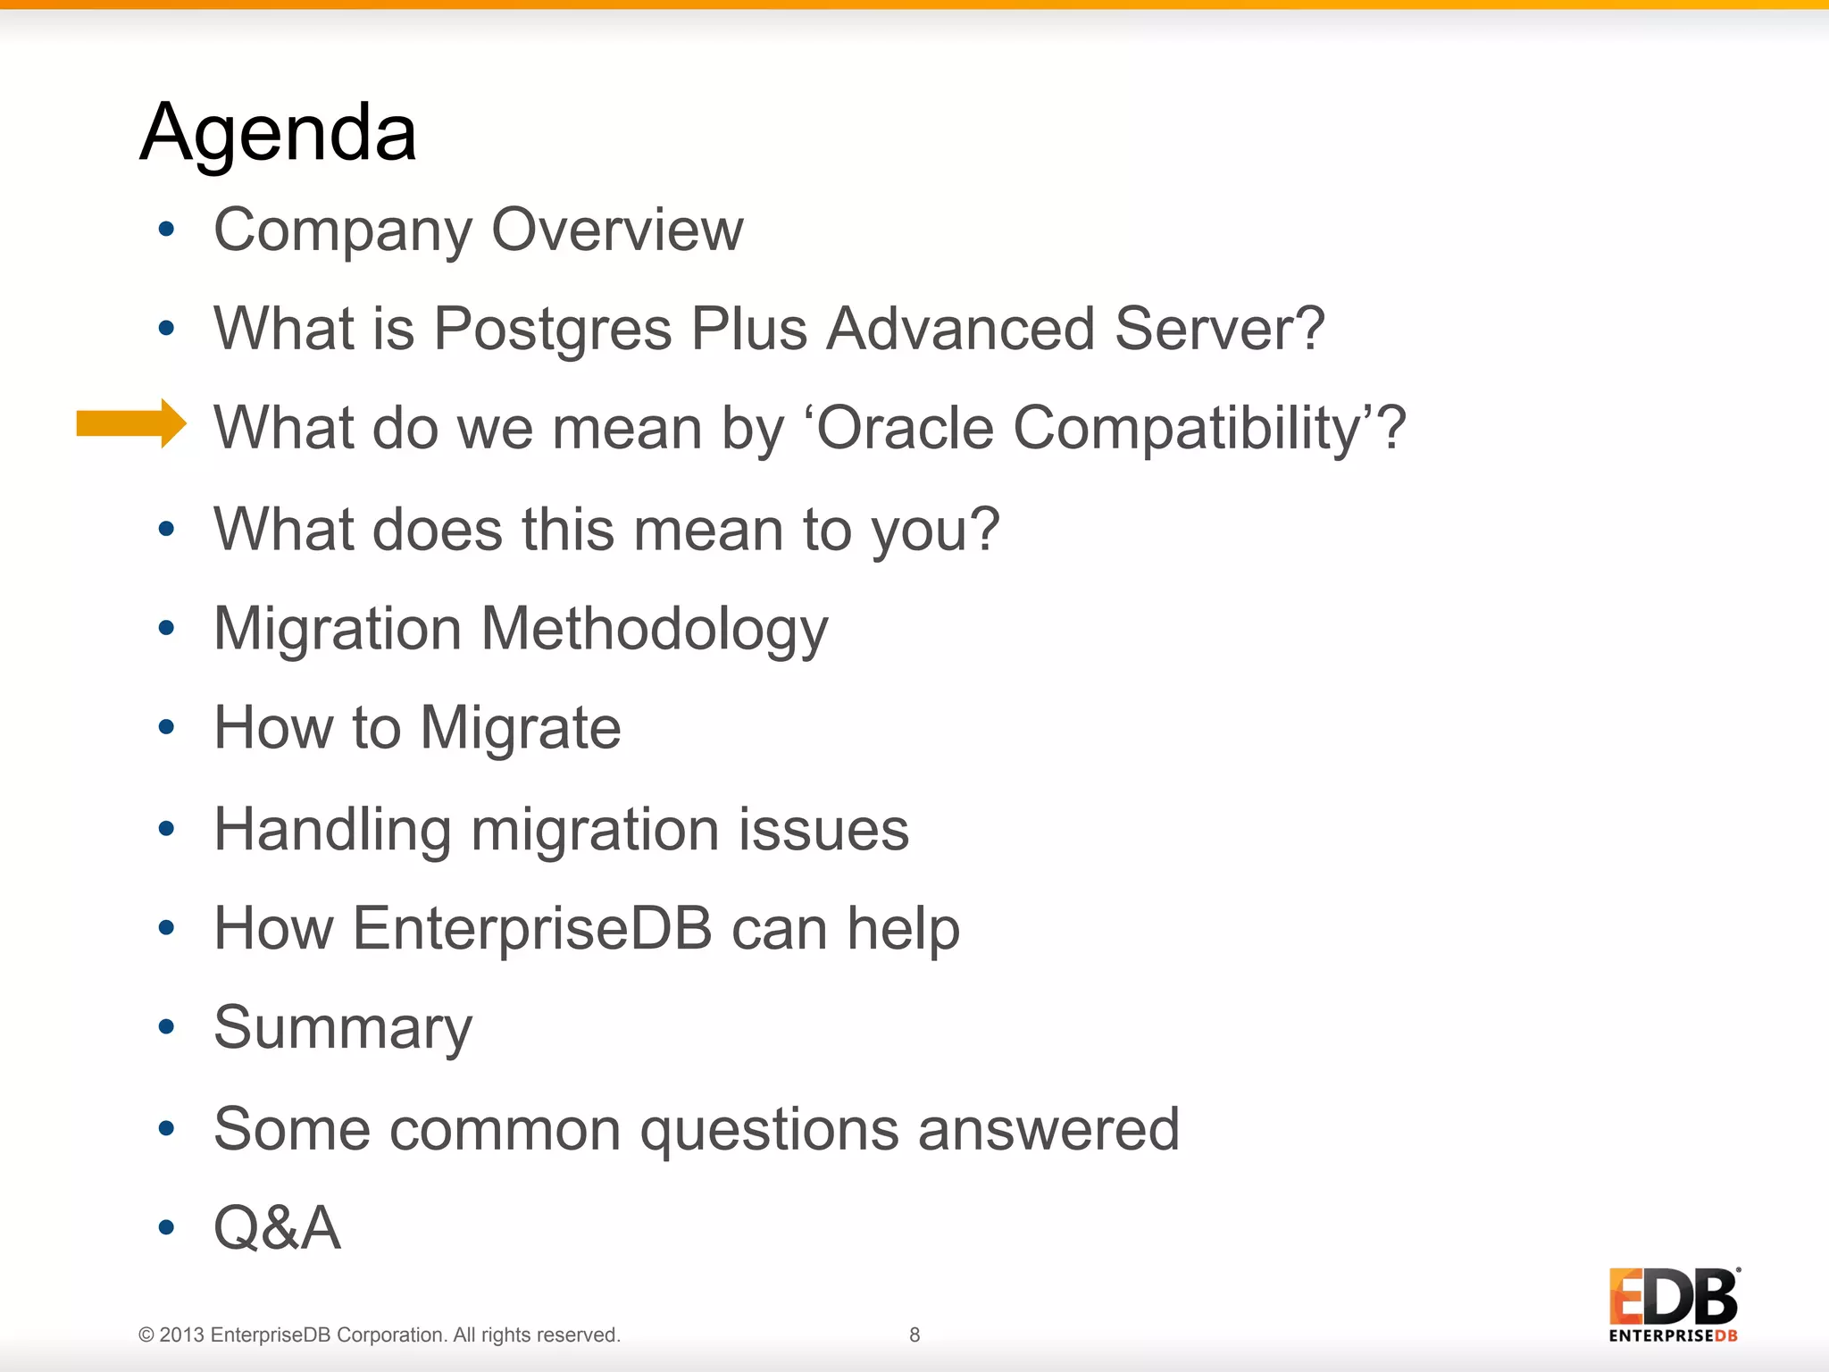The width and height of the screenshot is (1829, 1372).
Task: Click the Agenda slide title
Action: [279, 132]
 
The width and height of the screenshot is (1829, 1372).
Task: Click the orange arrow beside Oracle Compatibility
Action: [131, 423]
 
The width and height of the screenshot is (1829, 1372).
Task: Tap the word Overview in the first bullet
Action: [617, 230]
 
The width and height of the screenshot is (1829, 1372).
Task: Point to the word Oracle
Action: [905, 428]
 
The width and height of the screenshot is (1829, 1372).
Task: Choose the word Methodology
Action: [655, 631]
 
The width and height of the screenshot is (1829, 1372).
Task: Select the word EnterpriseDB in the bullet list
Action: [533, 929]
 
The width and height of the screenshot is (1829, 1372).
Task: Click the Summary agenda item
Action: [343, 1029]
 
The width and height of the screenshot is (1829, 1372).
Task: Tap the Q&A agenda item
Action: [277, 1228]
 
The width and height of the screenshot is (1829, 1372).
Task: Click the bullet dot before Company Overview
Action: [166, 230]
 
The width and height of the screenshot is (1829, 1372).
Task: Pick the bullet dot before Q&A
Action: [166, 1228]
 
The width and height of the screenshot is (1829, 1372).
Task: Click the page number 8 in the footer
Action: [914, 1334]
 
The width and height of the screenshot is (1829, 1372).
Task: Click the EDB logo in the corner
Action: [1673, 1304]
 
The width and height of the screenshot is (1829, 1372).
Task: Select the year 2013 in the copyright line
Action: [182, 1335]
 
